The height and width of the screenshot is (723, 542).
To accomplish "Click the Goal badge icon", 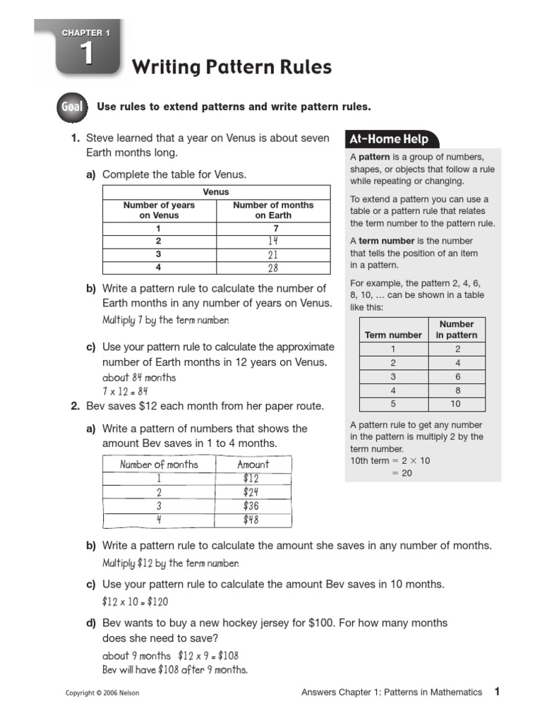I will pyautogui.click(x=71, y=107).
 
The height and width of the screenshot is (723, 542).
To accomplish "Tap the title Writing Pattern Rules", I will pyautogui.click(x=231, y=68).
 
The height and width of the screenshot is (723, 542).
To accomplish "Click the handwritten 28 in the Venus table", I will pyautogui.click(x=273, y=268).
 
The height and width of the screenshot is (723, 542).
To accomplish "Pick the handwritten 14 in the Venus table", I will pyautogui.click(x=273, y=241).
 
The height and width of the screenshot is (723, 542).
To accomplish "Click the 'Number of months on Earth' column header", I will pyautogui.click(x=273, y=210).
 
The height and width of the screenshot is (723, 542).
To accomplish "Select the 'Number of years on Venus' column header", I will pyautogui.click(x=159, y=210).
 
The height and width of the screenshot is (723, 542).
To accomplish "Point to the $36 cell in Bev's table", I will pyautogui.click(x=251, y=506).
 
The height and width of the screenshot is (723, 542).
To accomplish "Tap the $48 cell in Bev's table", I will pyautogui.click(x=251, y=520).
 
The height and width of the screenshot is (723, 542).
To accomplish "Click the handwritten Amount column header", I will pyautogui.click(x=253, y=465).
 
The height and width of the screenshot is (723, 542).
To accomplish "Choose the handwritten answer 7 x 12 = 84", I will pyautogui.click(x=126, y=391).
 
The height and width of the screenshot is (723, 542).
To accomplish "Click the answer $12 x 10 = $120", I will pyautogui.click(x=135, y=602).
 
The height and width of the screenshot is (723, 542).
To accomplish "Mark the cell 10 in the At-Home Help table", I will pyautogui.click(x=455, y=404).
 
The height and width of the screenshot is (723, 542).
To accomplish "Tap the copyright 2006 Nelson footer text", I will pyautogui.click(x=102, y=693).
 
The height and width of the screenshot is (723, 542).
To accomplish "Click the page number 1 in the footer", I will pyautogui.click(x=497, y=692).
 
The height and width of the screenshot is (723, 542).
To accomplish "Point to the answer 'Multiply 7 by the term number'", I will pyautogui.click(x=166, y=320).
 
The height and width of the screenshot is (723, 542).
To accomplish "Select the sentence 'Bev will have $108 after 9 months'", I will pyautogui.click(x=175, y=669).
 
